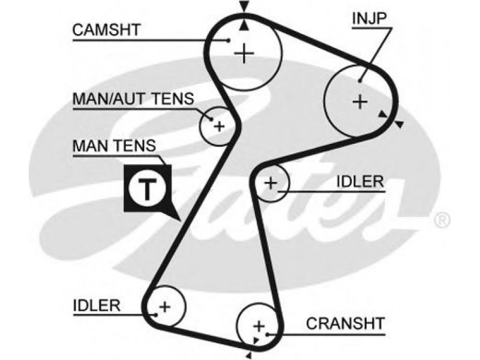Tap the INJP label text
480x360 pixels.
370,18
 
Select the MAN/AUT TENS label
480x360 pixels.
133,98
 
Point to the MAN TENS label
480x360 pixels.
114,146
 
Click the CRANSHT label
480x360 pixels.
346,323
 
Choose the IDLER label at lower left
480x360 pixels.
97,305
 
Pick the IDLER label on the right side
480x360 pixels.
360,182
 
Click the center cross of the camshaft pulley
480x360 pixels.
244,53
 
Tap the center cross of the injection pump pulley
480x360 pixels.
360,101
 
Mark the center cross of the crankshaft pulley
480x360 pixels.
259,326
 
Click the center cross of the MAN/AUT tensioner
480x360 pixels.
219,126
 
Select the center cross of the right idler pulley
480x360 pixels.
271,183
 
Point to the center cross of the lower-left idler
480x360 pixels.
165,307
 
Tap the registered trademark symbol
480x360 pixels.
442,220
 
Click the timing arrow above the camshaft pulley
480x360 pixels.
244,6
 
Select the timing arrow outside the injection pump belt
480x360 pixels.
398,124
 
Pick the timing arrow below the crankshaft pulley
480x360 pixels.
249,355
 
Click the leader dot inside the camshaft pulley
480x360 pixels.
228,40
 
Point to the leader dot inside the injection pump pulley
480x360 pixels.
361,81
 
